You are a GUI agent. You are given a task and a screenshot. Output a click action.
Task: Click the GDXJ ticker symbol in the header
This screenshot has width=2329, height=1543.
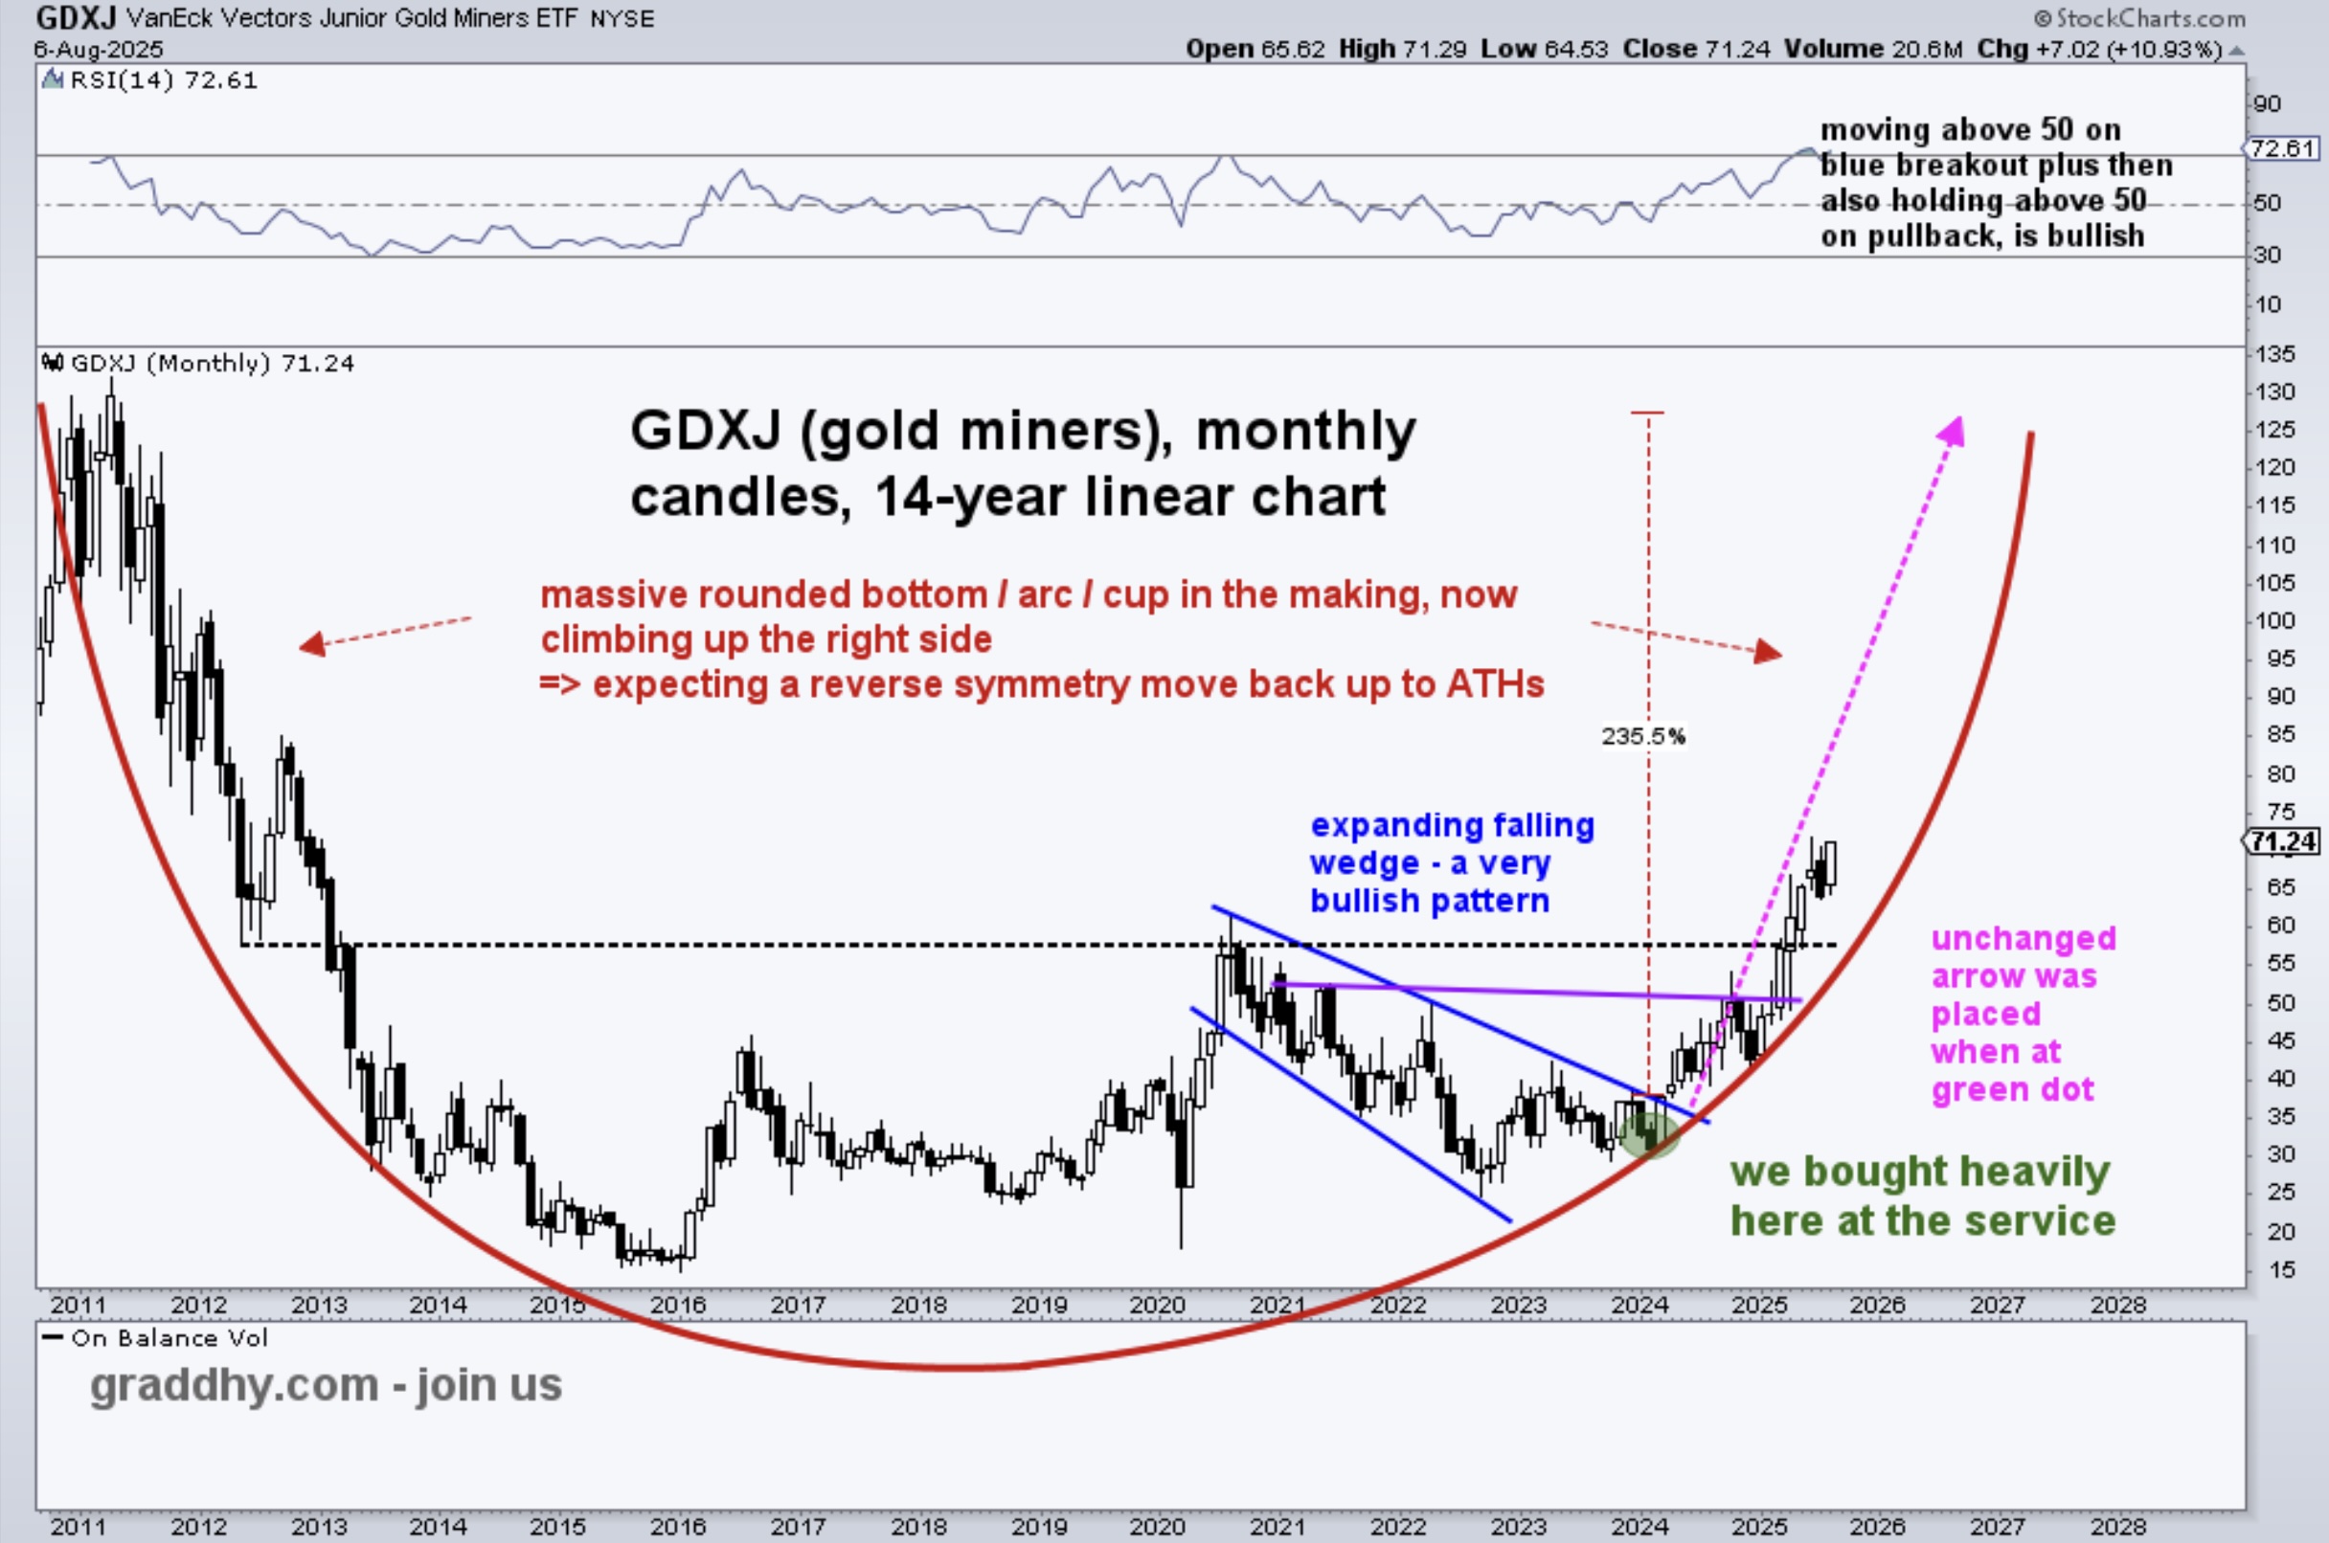(76, 18)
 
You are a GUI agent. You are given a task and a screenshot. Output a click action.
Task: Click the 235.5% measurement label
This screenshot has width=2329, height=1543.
(1643, 736)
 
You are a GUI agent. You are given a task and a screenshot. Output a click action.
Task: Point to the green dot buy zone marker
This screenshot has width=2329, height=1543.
(1648, 1131)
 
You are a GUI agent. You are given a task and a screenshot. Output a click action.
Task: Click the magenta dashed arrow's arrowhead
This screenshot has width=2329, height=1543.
(1952, 432)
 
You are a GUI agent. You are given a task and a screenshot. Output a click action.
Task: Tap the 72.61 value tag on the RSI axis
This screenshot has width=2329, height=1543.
(2283, 148)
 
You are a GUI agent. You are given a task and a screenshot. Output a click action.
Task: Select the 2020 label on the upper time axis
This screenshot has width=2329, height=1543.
(1157, 1305)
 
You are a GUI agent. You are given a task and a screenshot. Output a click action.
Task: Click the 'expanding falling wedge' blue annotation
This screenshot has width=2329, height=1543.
(1451, 862)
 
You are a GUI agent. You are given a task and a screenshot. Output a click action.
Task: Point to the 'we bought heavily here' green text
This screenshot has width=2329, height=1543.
(1921, 1196)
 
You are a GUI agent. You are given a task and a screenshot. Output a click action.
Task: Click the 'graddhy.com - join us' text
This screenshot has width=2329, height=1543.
(326, 1384)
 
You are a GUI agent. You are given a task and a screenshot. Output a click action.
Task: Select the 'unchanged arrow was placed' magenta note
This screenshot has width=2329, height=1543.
(2022, 1014)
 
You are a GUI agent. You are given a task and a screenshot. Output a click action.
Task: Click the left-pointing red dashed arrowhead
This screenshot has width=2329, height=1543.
(311, 644)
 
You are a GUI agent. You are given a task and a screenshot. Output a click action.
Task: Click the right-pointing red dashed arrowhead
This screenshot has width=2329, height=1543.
(1768, 652)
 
